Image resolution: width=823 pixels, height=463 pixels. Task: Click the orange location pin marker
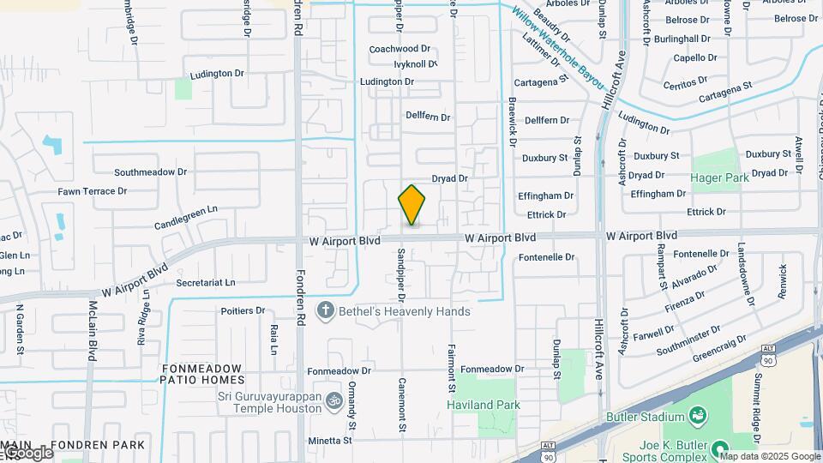[x=412, y=205]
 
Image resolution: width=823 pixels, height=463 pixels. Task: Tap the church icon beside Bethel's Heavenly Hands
[x=325, y=310]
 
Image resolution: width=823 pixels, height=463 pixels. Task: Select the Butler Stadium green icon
[x=700, y=417]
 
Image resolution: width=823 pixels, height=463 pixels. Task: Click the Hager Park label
[x=720, y=177]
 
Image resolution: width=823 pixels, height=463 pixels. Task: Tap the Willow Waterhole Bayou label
[x=558, y=51]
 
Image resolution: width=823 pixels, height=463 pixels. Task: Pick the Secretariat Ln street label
[x=205, y=282]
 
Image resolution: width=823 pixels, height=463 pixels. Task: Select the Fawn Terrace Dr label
[x=93, y=191]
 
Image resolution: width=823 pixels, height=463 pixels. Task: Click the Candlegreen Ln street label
[x=186, y=216]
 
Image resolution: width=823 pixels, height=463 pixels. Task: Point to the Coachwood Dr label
[x=399, y=50]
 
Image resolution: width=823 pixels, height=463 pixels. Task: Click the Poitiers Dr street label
[x=243, y=310]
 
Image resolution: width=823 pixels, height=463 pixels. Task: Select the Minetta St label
[x=330, y=441]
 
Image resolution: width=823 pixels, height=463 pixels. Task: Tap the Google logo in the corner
[x=27, y=453]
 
